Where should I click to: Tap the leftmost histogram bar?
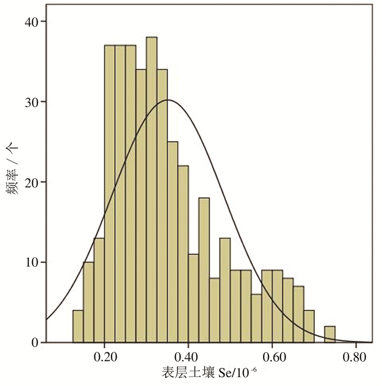pos(78,327)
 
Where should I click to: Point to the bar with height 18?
pos(204,270)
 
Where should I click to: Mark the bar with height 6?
pos(256,318)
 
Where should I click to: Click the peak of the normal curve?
pos(168,100)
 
